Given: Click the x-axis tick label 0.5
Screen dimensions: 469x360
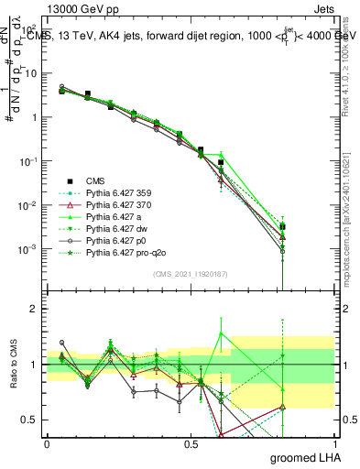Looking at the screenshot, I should (x=190, y=442).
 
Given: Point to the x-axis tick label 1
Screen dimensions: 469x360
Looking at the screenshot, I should (x=334, y=442).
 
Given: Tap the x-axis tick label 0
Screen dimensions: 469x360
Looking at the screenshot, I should (x=47, y=442).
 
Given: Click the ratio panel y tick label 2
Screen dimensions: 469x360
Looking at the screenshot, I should (x=31, y=309).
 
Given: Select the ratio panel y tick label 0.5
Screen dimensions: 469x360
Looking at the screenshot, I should (x=26, y=420).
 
